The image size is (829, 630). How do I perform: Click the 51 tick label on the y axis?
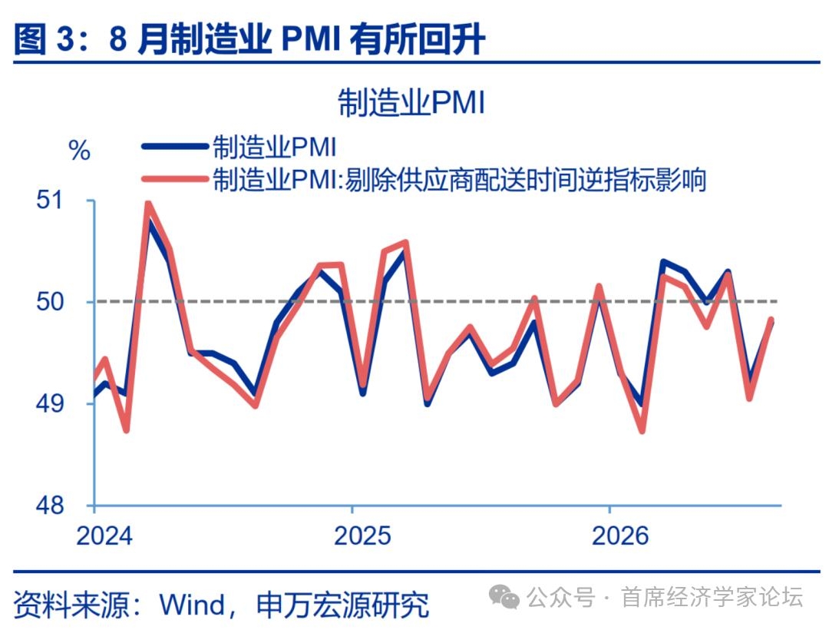point(49,201)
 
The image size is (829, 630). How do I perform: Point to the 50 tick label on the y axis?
point(49,302)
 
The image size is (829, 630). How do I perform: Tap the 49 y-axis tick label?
point(49,403)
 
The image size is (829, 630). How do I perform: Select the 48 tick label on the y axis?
point(49,506)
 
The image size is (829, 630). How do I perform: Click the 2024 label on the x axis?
point(104,535)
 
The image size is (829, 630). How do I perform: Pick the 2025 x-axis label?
point(362,535)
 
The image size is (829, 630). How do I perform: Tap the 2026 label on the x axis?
point(620,535)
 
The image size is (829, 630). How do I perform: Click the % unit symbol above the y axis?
point(79,151)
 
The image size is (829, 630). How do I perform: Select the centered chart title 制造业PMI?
point(411,102)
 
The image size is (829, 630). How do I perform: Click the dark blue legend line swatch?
point(175,147)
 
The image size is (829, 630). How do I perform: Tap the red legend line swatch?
point(175,179)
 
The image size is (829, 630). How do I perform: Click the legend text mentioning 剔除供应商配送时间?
point(459,179)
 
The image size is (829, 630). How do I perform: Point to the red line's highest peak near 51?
point(148,204)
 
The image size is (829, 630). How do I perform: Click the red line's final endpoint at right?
point(771,319)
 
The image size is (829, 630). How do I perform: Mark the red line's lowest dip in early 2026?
point(642,430)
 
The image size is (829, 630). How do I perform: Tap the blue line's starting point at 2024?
point(94,394)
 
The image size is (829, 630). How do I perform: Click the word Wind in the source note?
point(191,605)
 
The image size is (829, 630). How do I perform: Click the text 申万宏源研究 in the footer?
point(342,605)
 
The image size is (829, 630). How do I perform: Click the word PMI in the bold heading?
point(310,38)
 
